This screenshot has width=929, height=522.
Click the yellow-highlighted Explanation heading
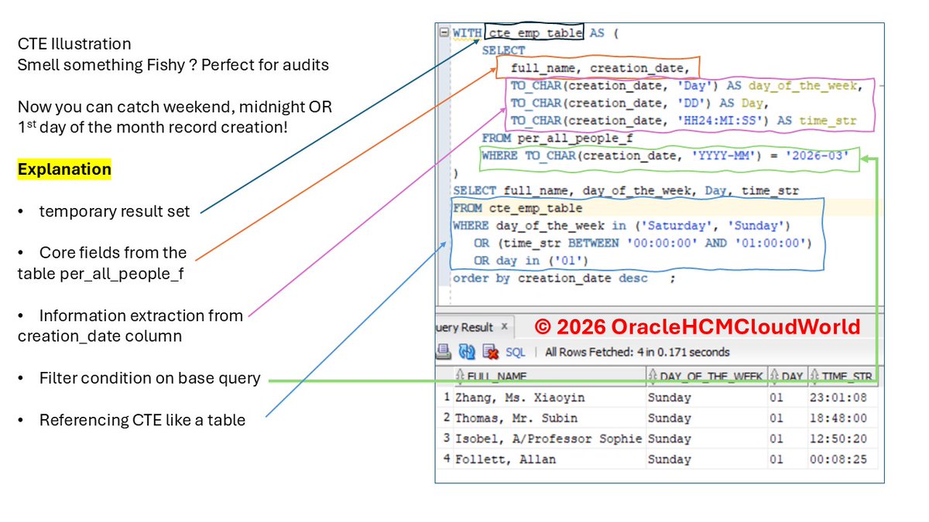click(x=64, y=169)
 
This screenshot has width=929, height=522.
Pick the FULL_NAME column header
click(x=497, y=377)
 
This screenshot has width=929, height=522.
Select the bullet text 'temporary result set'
click(x=115, y=211)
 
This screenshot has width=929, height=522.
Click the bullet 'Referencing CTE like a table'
click(x=142, y=421)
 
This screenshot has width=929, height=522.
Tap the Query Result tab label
click(x=466, y=327)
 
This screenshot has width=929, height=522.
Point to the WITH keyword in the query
click(x=467, y=34)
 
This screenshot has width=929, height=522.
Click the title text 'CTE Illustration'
click(x=74, y=44)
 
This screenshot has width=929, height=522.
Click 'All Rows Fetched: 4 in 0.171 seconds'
click(x=637, y=352)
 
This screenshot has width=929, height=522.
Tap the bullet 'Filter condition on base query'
click(x=149, y=379)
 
